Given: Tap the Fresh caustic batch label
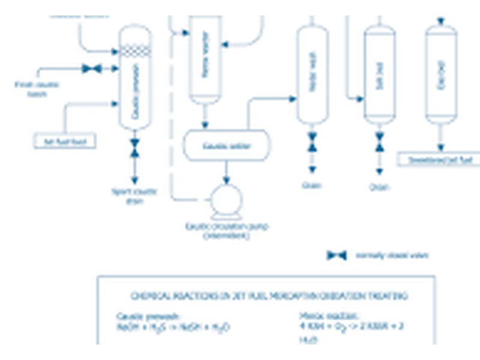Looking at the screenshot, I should click(x=37, y=89).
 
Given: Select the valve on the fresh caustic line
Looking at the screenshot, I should click(x=92, y=69).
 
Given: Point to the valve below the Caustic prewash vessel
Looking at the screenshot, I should click(x=135, y=145).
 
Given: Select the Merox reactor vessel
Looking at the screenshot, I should click(x=205, y=60).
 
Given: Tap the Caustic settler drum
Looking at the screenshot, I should click(x=226, y=146).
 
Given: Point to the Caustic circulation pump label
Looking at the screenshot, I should click(x=227, y=231).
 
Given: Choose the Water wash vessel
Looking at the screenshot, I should click(x=312, y=75).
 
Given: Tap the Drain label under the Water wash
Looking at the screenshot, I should click(x=312, y=185).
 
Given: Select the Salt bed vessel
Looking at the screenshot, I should click(x=379, y=75).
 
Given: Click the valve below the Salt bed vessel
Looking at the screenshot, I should click(x=379, y=142).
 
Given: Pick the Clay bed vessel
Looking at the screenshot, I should click(x=441, y=75).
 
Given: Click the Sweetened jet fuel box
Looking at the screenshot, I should click(x=439, y=160).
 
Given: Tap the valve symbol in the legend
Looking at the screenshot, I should click(x=337, y=256).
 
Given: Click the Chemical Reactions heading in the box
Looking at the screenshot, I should click(x=269, y=296).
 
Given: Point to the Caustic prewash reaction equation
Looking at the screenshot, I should click(x=173, y=328).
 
